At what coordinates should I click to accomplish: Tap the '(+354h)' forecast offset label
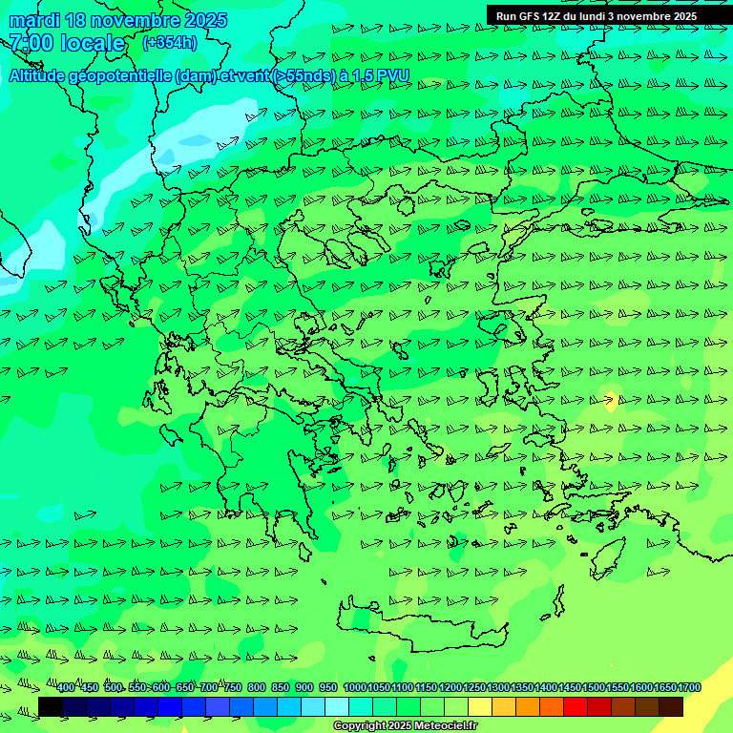[170, 42]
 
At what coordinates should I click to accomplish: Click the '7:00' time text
[31, 43]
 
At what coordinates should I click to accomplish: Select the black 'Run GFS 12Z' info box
[597, 15]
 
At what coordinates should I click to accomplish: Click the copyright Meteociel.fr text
[405, 726]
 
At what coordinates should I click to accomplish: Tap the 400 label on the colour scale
[65, 687]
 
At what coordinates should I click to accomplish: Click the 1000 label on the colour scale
[354, 687]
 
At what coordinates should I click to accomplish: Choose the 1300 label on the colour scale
[498, 687]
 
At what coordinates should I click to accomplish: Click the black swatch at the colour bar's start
[51, 706]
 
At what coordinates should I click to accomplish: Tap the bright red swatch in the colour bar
[575, 706]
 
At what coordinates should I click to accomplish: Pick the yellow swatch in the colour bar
[480, 706]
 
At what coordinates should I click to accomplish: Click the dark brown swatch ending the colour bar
[671, 706]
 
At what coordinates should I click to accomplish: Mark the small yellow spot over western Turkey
[611, 400]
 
